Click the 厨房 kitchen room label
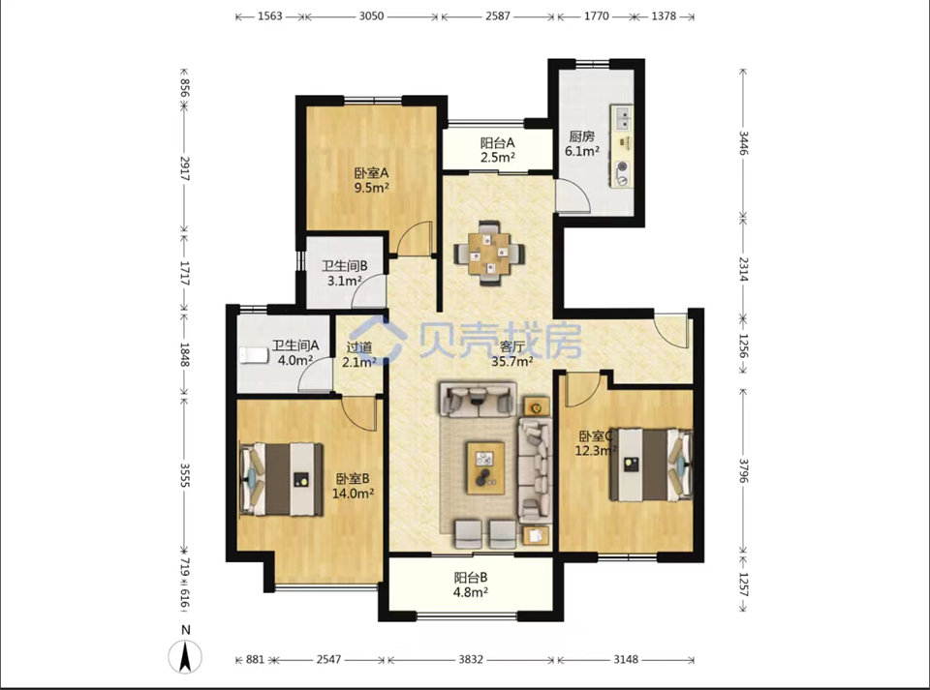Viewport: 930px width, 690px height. pos(581,136)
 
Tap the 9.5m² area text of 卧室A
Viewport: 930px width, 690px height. pos(371,188)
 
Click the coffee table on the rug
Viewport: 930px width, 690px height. pos(485,467)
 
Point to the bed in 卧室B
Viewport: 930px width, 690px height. pos(281,479)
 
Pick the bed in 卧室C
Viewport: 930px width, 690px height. pos(652,465)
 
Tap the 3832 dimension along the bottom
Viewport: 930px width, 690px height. pos(471,659)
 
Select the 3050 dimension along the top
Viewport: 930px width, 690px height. pos(371,16)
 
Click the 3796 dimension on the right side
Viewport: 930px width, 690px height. pos(744,470)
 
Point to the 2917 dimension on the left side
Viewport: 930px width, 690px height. pos(184,168)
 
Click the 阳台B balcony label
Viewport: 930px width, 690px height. pos(471,578)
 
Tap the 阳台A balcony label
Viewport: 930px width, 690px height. pos(497,142)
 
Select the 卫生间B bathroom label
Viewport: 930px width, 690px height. pos(345,266)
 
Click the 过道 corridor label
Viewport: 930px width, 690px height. pos(359,347)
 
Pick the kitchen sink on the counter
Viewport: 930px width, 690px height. pos(622,117)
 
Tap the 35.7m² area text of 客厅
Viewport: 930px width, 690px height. pos(512,361)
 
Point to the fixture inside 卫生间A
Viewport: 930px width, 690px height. pos(254,355)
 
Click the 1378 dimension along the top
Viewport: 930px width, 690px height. pos(664,16)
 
